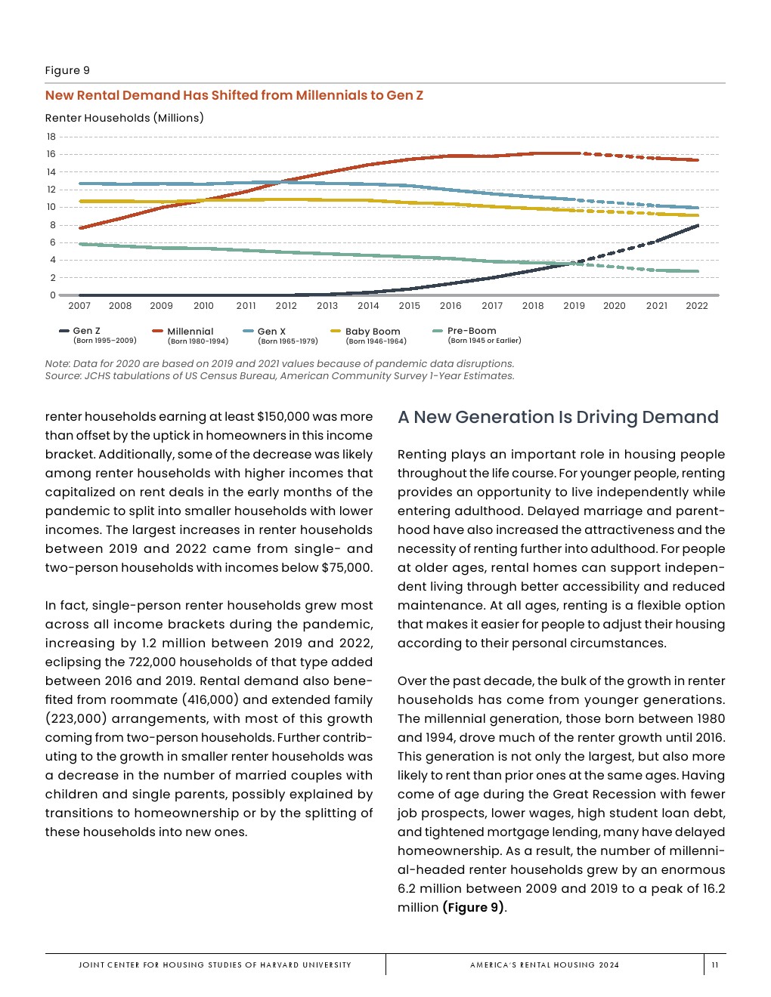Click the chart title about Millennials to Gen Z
click(x=234, y=95)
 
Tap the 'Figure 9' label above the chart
click(x=67, y=70)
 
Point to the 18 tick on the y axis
click(x=51, y=137)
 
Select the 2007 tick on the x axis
click(x=79, y=306)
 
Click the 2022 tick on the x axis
click(x=696, y=306)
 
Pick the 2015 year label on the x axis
click(x=409, y=306)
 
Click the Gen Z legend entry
click(x=86, y=331)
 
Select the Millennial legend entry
click(x=190, y=332)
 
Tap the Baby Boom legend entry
click(x=372, y=332)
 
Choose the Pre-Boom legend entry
click(x=472, y=331)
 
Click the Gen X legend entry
click(x=271, y=332)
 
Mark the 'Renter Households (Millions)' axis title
click(x=124, y=118)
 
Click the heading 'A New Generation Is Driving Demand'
click(x=558, y=418)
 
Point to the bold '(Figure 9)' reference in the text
click(x=473, y=908)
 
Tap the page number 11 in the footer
click(x=715, y=965)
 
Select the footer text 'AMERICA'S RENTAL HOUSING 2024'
click(x=544, y=965)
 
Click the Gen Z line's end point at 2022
click(x=696, y=225)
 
